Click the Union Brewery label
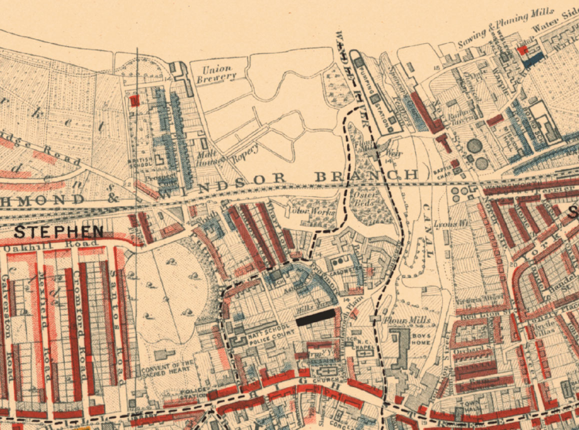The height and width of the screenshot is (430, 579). click(x=218, y=72)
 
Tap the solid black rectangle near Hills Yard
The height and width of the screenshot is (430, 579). click(x=315, y=318)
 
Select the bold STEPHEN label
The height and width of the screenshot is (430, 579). click(x=58, y=231)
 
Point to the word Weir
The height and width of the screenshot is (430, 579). click(x=391, y=153)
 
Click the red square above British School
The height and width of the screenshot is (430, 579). click(x=133, y=101)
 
